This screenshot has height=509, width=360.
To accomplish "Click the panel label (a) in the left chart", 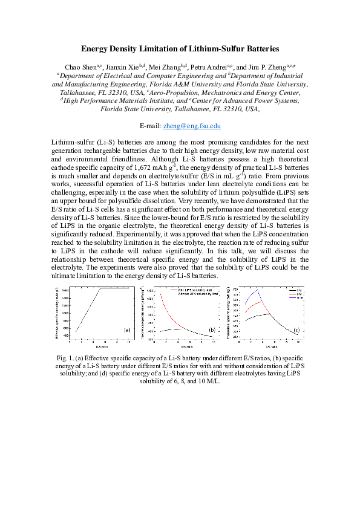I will coord(126,329).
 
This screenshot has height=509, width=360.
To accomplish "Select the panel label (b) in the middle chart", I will coord(212,329).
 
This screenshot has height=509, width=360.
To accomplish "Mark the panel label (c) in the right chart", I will coord(296,329).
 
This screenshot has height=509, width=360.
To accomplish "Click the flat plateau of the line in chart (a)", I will coord(115,288).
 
